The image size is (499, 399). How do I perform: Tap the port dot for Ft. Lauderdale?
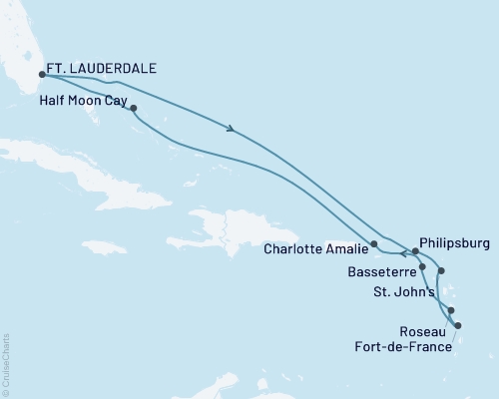[x=42, y=73]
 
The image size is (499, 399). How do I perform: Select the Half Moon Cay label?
[x=86, y=100]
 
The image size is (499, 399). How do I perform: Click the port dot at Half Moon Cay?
[x=133, y=109]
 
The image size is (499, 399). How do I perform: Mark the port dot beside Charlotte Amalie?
[x=374, y=243]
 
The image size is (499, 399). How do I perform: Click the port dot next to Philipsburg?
[x=414, y=251]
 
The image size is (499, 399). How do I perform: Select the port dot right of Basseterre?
[x=423, y=267]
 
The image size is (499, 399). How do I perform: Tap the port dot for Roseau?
[x=451, y=310]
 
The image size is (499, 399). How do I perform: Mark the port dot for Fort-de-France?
[x=458, y=325]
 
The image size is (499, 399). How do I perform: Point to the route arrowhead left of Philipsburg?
[x=403, y=252]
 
